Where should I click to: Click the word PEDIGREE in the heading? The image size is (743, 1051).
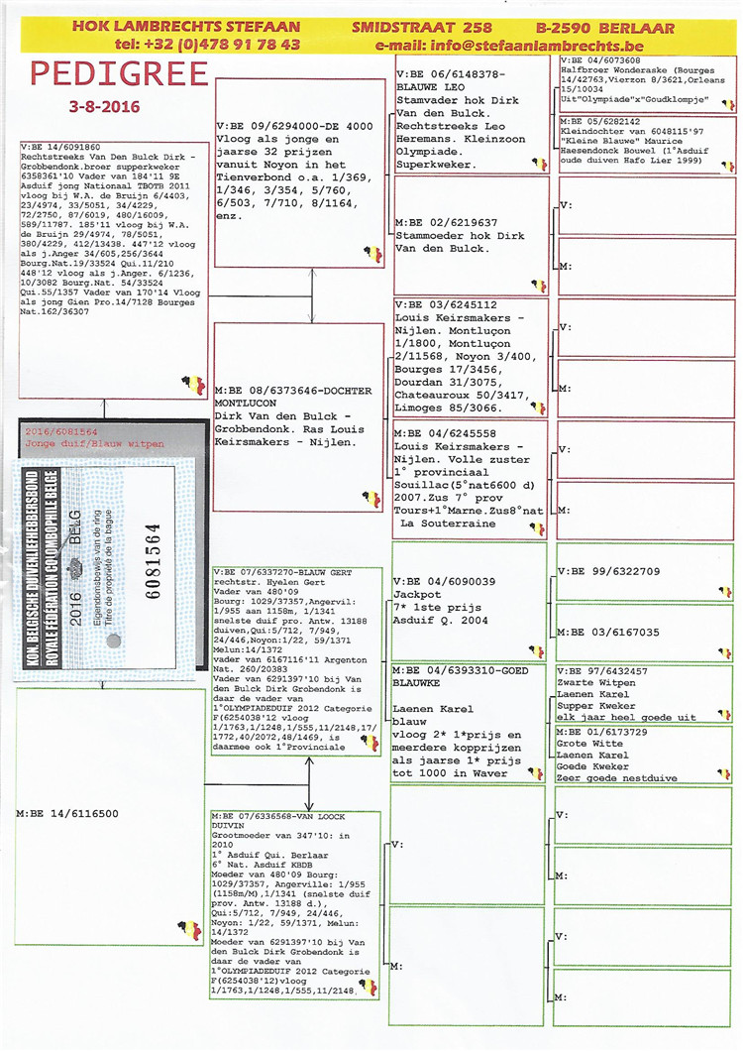pyautogui.click(x=118, y=74)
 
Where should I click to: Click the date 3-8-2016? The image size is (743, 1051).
pyautogui.click(x=105, y=106)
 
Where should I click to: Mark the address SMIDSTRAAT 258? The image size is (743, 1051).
pyautogui.click(x=422, y=27)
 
